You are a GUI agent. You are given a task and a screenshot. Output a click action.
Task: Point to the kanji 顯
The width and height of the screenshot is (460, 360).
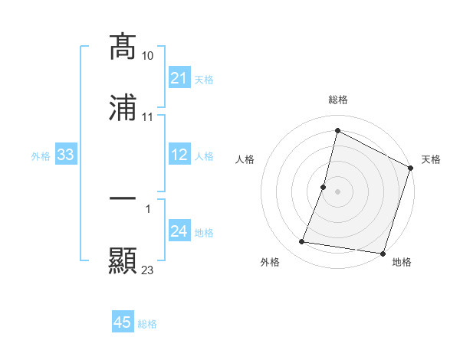[123, 260]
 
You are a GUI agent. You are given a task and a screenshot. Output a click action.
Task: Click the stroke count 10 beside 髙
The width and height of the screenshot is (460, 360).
[148, 56]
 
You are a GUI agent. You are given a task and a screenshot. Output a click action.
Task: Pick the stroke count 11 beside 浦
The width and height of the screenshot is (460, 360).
[148, 117]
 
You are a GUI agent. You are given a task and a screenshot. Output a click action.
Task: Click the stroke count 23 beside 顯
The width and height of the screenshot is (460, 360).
[148, 270]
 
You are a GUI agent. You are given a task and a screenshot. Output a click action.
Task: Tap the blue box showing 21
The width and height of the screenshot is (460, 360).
[179, 78]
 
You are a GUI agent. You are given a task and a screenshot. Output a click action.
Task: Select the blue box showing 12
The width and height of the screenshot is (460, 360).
[179, 155]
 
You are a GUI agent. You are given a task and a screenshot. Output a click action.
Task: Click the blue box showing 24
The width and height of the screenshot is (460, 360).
[179, 232]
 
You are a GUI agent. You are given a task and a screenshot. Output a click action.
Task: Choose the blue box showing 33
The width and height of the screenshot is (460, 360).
[66, 155]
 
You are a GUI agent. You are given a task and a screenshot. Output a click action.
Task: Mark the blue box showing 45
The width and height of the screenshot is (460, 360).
[123, 322]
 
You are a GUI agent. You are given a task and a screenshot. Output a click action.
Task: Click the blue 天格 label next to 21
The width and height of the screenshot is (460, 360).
[204, 79]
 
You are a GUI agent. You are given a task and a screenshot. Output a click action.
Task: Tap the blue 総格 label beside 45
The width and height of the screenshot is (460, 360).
[147, 323]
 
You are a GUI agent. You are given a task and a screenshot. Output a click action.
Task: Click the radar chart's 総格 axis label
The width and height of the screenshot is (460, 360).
[338, 100]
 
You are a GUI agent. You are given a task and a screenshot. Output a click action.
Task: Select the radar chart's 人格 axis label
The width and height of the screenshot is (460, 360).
[245, 159]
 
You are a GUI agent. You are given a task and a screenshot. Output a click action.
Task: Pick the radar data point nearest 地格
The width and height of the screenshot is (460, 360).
[382, 254]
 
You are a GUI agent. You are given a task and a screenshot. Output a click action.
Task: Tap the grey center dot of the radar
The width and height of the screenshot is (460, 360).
[338, 191]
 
